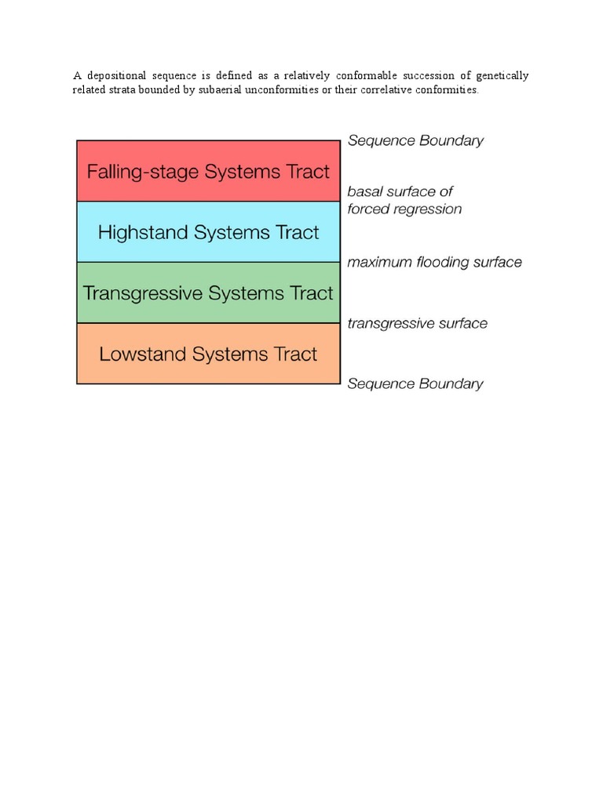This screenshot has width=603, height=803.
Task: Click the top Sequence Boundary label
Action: pos(415,141)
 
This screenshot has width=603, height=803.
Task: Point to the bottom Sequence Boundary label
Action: pos(415,384)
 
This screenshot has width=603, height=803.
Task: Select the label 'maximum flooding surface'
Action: pos(434,263)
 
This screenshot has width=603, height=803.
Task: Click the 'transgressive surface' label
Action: pos(417,324)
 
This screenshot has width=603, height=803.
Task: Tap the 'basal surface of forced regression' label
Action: pos(404,201)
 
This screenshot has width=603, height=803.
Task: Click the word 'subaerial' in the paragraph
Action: pos(210,90)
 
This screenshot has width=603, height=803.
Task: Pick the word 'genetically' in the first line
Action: pos(499,76)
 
